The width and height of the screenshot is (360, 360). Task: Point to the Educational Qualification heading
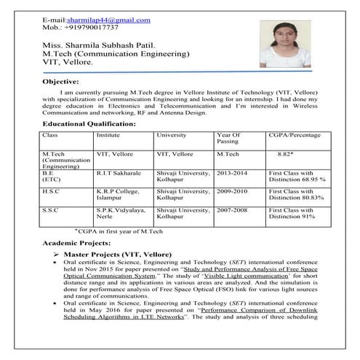point(89,124)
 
